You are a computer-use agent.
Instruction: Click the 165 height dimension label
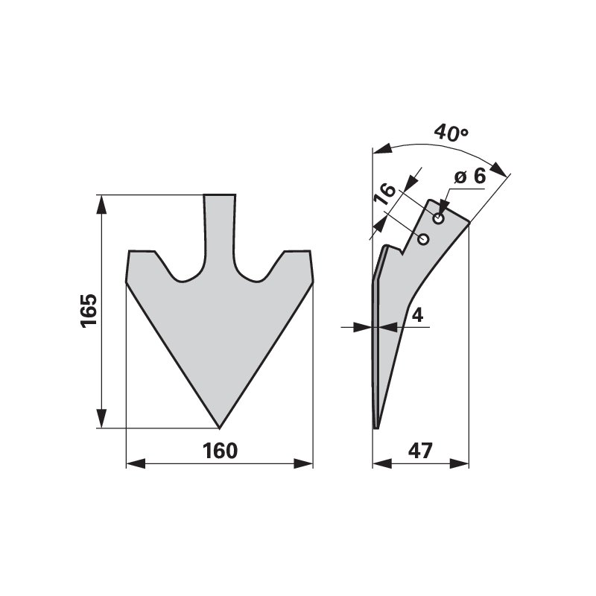click(89, 310)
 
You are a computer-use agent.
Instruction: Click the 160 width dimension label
click(220, 451)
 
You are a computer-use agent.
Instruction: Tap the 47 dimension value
click(420, 451)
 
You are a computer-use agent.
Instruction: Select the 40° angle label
click(451, 133)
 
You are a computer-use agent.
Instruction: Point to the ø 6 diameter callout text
click(470, 177)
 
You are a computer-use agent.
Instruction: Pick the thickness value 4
click(417, 315)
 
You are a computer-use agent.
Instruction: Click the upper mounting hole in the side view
click(439, 219)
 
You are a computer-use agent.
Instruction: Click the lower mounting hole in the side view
click(423, 239)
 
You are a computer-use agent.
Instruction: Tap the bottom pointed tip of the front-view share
click(219, 428)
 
